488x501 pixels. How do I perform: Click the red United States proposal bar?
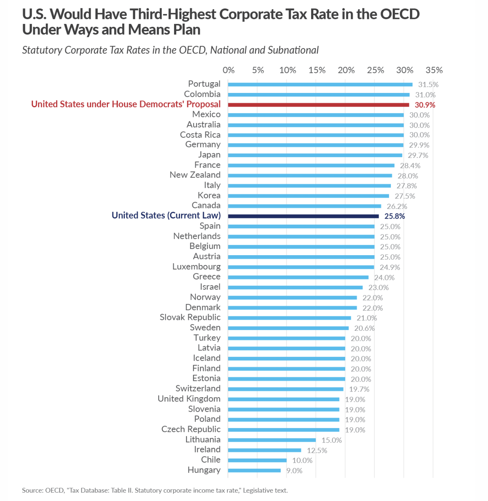pyautogui.click(x=319, y=105)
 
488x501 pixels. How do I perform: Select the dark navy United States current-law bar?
pyautogui.click(x=303, y=216)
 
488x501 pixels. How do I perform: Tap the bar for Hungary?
pyautogui.click(x=254, y=470)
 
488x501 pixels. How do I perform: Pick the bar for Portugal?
pyautogui.click(x=320, y=85)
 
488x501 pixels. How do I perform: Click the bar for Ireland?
pyautogui.click(x=265, y=450)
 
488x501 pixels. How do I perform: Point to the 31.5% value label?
pyautogui.click(x=428, y=85)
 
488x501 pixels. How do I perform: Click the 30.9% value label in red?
pyautogui.click(x=425, y=105)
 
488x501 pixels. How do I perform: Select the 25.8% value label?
pyautogui.click(x=395, y=216)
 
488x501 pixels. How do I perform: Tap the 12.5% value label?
pyautogui.click(x=317, y=450)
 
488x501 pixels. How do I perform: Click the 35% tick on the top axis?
pyautogui.click(x=434, y=70)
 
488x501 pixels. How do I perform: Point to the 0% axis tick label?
pyautogui.click(x=228, y=70)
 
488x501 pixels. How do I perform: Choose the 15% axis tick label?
pyautogui.click(x=317, y=70)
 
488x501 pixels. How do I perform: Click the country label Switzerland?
pyautogui.click(x=198, y=389)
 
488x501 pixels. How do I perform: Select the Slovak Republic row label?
pyautogui.click(x=190, y=318)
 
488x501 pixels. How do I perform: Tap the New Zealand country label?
pyautogui.click(x=195, y=175)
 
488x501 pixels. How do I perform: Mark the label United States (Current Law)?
pyautogui.click(x=166, y=216)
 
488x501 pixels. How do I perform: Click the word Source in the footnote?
pyautogui.click(x=32, y=490)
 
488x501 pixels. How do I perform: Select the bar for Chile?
pyautogui.click(x=257, y=460)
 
